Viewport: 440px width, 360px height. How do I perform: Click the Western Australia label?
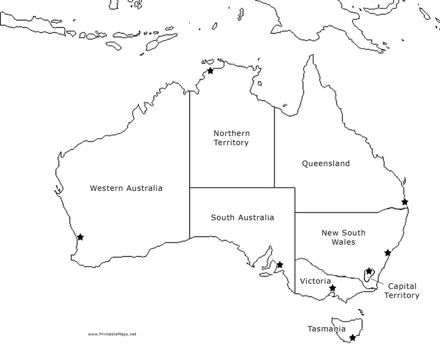(x=126, y=188)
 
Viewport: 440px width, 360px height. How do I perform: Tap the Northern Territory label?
(x=231, y=137)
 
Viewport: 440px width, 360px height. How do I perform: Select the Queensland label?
(x=326, y=163)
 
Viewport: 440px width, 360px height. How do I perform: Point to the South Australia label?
(x=242, y=217)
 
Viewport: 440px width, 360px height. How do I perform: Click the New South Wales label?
(x=343, y=237)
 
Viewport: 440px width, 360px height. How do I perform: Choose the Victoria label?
(x=315, y=281)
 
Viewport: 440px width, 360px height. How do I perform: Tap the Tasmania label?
(x=326, y=329)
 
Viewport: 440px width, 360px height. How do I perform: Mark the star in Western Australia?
(x=80, y=237)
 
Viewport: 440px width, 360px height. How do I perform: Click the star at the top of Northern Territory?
(x=210, y=71)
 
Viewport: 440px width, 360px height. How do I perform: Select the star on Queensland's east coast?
(x=405, y=202)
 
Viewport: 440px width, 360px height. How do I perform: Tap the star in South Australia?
(x=279, y=264)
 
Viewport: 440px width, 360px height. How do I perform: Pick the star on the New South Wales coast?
(x=388, y=253)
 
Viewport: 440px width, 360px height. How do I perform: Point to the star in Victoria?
(x=333, y=288)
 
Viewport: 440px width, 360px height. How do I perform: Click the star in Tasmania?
(x=352, y=338)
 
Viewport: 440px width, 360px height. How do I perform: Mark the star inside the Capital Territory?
(x=368, y=271)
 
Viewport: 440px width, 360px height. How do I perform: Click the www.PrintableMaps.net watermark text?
(x=112, y=334)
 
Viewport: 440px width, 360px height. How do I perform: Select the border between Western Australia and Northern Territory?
(x=190, y=138)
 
